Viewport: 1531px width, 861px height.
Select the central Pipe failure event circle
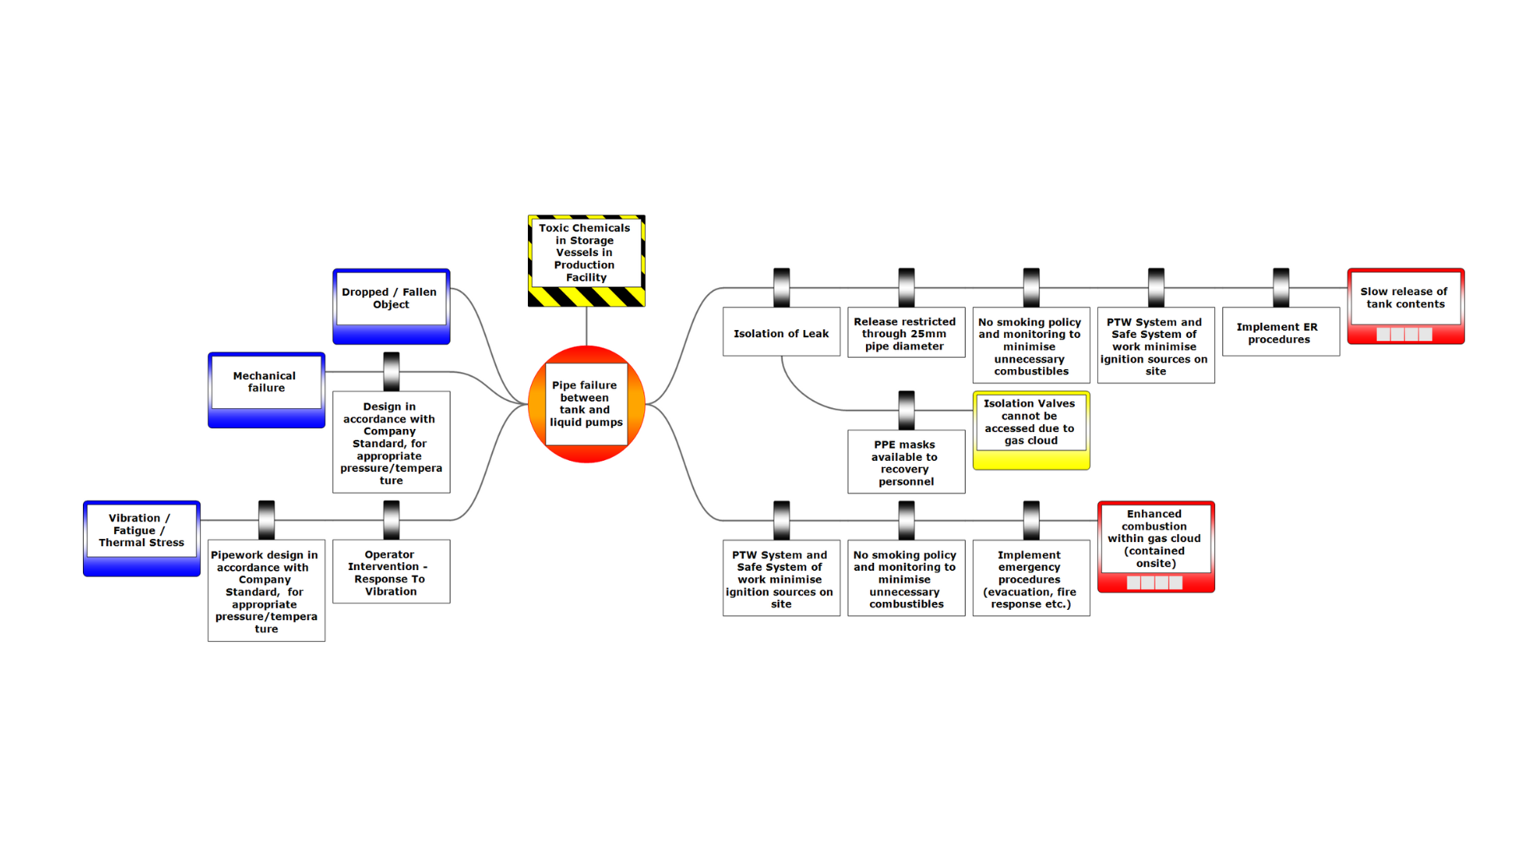586,404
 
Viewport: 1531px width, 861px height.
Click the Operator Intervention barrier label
391,572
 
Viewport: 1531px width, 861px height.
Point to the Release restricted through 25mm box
906,332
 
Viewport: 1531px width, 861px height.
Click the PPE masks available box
906,462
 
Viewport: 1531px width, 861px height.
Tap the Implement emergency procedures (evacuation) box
1031,578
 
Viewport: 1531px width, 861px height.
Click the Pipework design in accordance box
266,591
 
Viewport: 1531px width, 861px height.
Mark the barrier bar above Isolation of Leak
781,288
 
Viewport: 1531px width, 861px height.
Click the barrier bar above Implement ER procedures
1281,288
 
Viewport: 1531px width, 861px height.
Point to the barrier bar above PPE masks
906,411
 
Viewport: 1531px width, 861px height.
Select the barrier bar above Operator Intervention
391,520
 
